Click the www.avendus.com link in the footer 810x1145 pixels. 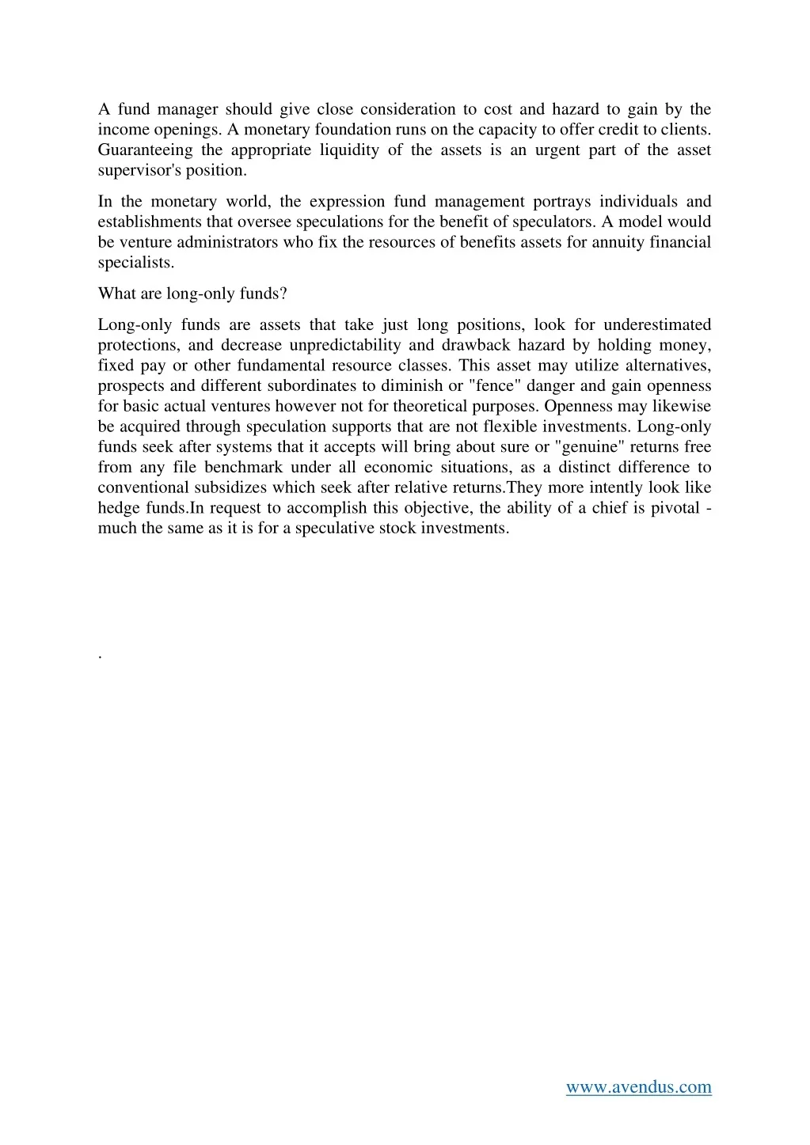click(x=638, y=1087)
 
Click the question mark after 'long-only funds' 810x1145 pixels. click(x=283, y=294)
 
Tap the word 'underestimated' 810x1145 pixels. click(x=657, y=325)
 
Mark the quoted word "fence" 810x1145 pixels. click(x=496, y=386)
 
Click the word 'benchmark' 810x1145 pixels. click(x=244, y=468)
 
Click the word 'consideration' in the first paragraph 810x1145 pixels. click(x=409, y=109)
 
